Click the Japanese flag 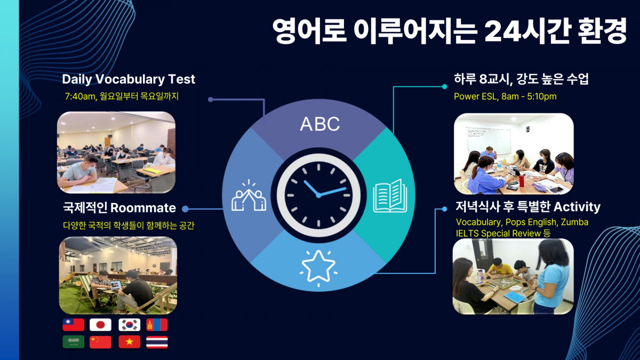100,325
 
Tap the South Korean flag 130,325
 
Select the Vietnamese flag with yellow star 130,342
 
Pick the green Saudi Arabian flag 74,342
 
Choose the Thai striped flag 157,342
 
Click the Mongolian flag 157,325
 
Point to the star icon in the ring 318,268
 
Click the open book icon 390,196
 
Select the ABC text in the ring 319,124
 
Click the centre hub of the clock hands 318,195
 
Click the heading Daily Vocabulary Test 129,79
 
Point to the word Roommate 143,207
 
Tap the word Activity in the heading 577,207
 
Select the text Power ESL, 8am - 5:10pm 505,97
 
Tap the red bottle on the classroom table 522,181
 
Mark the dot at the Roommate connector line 185,209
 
